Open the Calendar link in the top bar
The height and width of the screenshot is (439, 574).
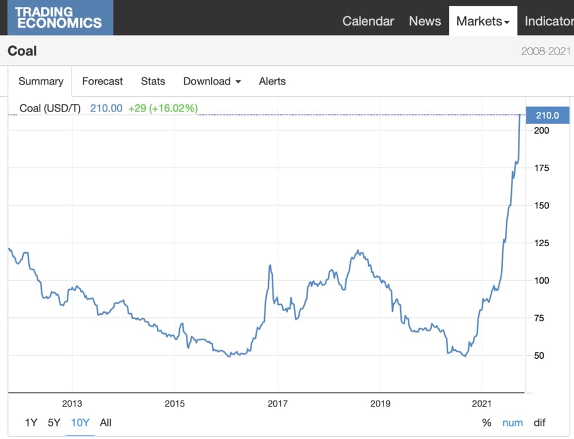[368, 21]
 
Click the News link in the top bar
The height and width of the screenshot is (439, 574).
[425, 21]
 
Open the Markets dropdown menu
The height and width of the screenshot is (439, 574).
[483, 21]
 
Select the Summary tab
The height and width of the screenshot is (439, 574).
[41, 81]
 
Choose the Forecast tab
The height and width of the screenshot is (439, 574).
[102, 81]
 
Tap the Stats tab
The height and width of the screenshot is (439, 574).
[153, 81]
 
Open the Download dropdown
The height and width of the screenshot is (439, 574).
[212, 81]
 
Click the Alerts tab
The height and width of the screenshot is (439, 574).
[272, 81]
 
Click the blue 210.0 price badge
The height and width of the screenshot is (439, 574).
[547, 115]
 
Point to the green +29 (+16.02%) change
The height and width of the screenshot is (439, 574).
[162, 108]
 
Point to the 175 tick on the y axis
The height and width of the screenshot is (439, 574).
[542, 168]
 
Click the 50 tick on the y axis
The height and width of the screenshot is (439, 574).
[540, 356]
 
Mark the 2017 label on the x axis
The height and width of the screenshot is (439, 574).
[278, 403]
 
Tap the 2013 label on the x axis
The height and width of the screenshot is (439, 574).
[72, 403]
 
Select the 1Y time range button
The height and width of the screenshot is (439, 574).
[31, 423]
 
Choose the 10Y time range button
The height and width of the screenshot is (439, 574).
[80, 423]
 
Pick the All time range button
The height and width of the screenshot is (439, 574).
[106, 423]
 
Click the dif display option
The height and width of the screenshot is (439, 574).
[539, 423]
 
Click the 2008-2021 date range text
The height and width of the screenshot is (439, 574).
[546, 51]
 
